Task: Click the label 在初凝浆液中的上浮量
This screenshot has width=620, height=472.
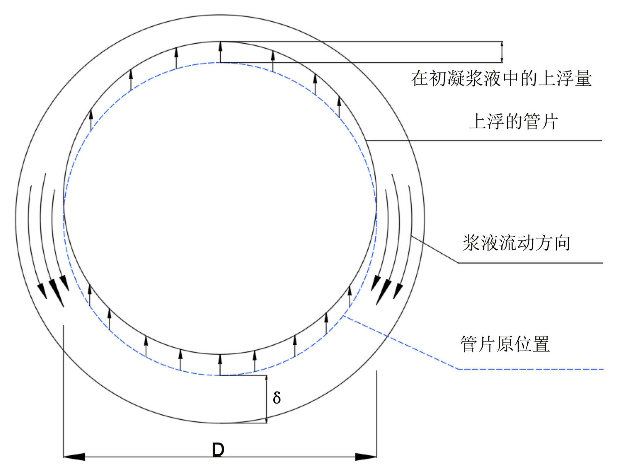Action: tap(501, 78)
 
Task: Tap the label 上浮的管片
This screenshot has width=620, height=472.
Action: tap(513, 121)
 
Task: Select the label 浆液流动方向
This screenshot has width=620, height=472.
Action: tap(516, 243)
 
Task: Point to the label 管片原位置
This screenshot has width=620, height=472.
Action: tap(505, 344)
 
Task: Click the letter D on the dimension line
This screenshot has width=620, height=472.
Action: tap(218, 450)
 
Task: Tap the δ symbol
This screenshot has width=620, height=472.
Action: tap(277, 398)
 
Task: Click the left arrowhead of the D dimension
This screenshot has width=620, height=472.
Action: tap(74, 457)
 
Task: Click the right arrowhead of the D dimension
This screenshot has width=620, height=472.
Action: tap(366, 457)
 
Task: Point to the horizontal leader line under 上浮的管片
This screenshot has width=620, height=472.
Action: tap(484, 140)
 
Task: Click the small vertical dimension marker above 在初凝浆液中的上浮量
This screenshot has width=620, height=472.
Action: tap(502, 52)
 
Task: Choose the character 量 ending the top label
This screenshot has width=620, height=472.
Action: tap(583, 78)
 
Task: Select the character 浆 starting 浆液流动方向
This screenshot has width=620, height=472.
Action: tap(472, 243)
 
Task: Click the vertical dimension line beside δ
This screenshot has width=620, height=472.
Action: tap(266, 399)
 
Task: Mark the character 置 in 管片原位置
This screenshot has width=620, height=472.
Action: tap(541, 344)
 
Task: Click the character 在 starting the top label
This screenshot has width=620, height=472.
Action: tap(420, 78)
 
